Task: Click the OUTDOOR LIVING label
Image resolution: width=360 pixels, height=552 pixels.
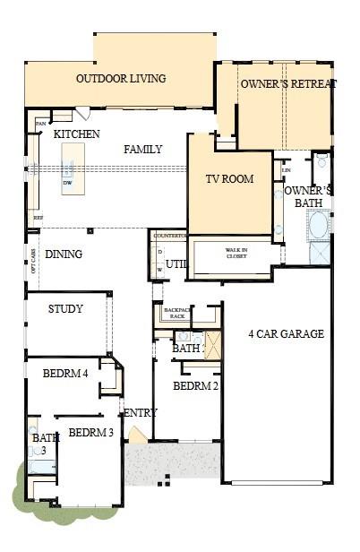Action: click(121, 79)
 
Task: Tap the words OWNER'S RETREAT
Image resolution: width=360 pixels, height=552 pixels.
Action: click(288, 84)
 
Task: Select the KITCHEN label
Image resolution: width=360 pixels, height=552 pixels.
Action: click(76, 134)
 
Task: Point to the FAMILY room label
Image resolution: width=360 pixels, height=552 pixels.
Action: click(143, 150)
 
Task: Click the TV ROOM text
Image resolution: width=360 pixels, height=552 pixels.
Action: click(229, 179)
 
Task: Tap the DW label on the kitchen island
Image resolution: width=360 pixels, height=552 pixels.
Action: click(67, 184)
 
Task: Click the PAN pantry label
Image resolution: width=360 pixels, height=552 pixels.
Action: click(40, 123)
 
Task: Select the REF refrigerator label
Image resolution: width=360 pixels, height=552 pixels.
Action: click(38, 218)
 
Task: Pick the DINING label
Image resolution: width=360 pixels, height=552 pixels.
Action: click(64, 254)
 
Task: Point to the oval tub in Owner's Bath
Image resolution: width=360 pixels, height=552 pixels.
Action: click(318, 223)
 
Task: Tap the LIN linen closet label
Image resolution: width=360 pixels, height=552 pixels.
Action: click(287, 170)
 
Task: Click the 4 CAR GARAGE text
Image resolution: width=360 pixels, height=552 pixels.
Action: click(286, 335)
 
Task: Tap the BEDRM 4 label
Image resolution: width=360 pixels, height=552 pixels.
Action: click(64, 374)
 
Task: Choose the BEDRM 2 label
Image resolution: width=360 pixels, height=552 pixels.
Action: click(194, 386)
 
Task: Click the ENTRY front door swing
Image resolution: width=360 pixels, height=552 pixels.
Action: click(135, 436)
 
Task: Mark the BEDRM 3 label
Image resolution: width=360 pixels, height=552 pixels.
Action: click(90, 433)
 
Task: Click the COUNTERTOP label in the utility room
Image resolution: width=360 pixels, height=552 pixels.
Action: click(168, 236)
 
